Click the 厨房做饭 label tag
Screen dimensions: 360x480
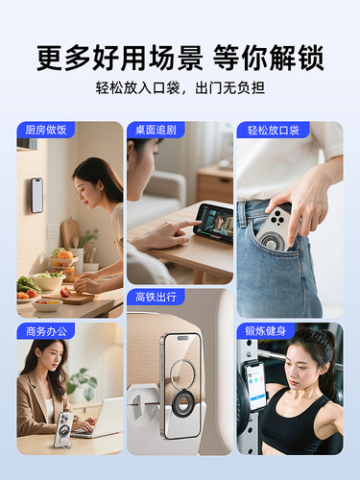click(46, 130)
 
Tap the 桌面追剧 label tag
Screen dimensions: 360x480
click(156, 130)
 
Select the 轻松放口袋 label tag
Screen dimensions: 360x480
click(273, 130)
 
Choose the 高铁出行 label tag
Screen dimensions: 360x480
click(156, 297)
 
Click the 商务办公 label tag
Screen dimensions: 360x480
click(46, 331)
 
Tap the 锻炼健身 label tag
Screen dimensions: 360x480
click(266, 331)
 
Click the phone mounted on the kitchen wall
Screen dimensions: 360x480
click(37, 195)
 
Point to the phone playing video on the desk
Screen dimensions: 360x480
click(213, 223)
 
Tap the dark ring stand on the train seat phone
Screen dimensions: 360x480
click(180, 404)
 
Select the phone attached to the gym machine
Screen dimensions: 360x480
click(255, 387)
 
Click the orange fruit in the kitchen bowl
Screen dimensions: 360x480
click(65, 255)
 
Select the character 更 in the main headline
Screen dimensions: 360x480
click(51, 58)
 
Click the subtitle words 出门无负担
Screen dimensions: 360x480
click(230, 87)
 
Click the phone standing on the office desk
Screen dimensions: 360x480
click(64, 429)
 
